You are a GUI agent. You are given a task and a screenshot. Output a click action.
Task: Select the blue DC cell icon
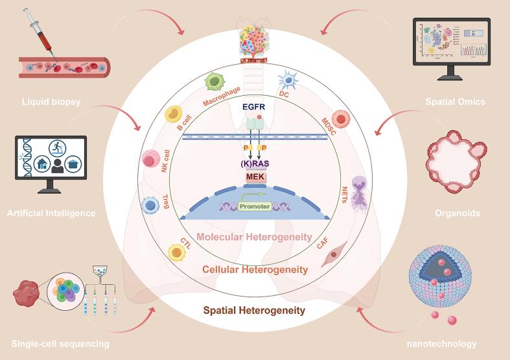(x=287, y=82)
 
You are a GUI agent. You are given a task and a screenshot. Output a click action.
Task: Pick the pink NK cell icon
(x=150, y=159)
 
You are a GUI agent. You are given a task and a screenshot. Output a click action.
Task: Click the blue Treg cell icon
(x=150, y=207)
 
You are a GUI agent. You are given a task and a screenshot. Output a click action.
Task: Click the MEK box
(x=254, y=176)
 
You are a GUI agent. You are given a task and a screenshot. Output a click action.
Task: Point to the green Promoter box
(x=254, y=207)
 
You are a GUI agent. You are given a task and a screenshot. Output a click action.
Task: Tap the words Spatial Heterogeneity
(x=254, y=311)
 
